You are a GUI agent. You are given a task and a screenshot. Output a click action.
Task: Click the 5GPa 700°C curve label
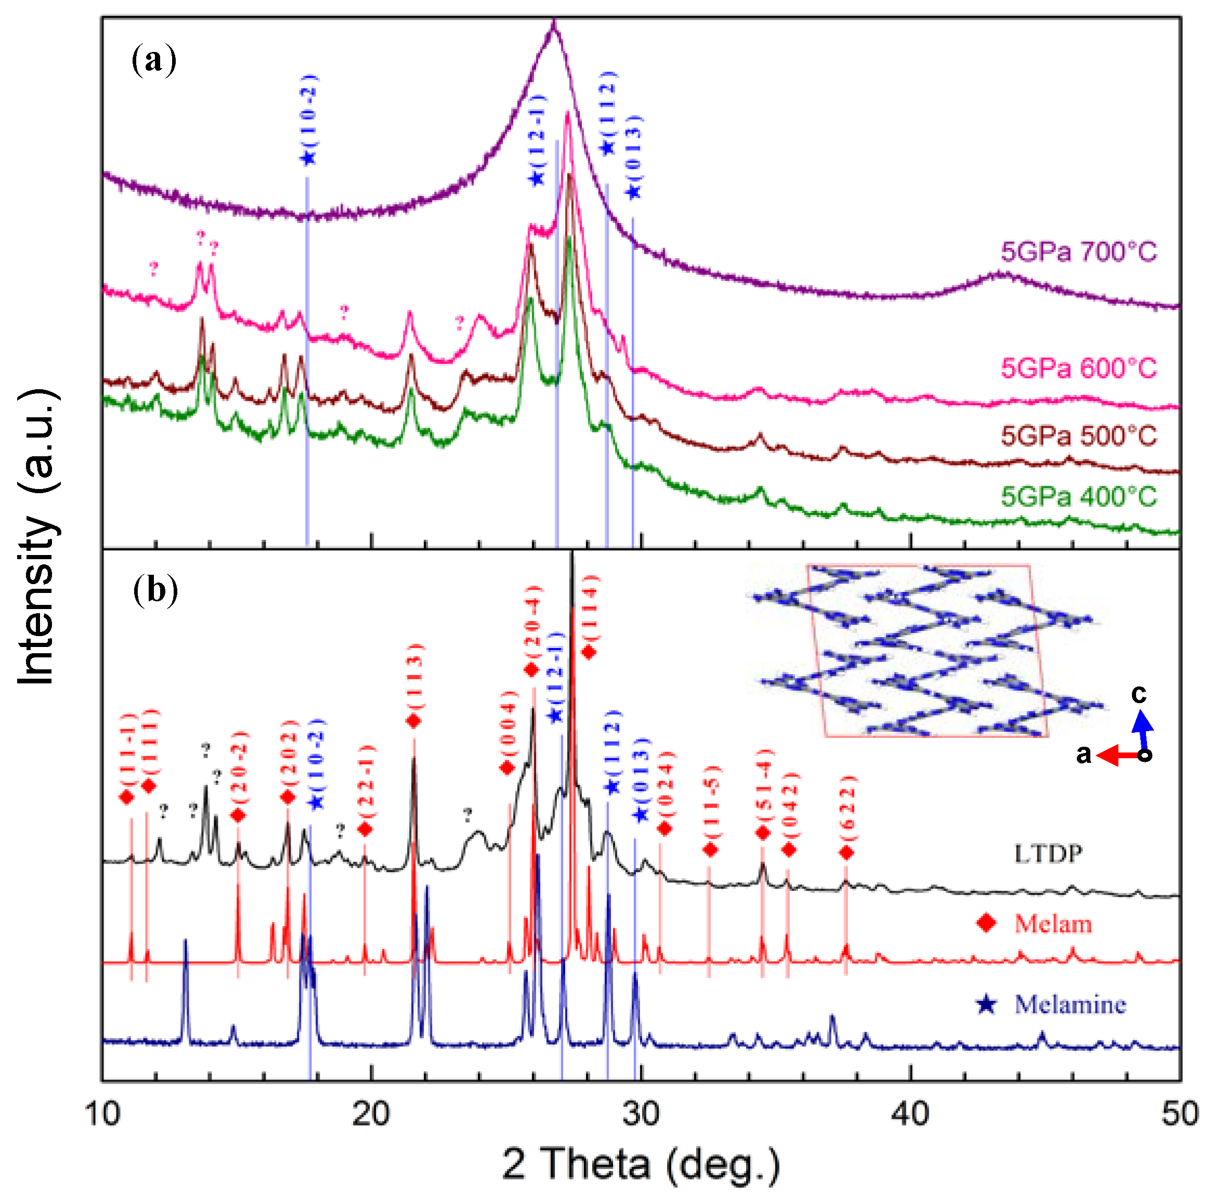click(1078, 252)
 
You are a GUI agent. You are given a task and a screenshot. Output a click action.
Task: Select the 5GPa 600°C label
click(1078, 368)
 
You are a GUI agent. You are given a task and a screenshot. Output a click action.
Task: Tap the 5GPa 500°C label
click(1078, 436)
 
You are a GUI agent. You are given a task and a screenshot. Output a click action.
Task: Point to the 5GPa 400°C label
click(1078, 497)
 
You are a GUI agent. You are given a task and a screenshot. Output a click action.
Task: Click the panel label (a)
click(154, 61)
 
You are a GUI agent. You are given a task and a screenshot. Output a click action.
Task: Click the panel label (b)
click(155, 591)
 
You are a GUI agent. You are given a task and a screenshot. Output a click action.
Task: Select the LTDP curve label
click(1048, 853)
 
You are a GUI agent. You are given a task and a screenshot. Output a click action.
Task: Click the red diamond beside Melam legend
click(986, 923)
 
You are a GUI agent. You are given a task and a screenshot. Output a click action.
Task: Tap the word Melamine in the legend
click(1070, 1005)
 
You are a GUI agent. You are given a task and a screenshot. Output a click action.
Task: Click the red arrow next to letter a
click(1120, 756)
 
